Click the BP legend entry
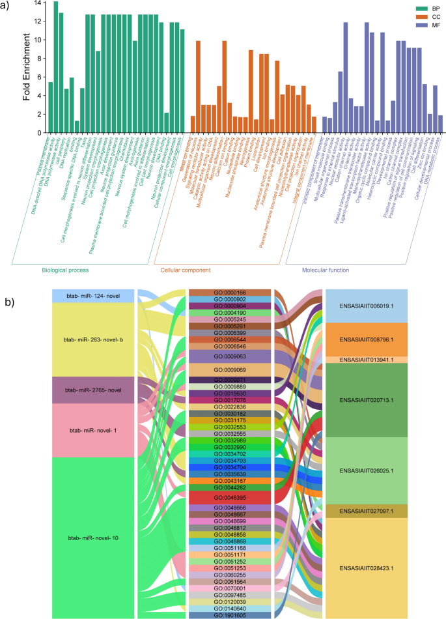coord(426,7)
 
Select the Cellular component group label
coord(186,270)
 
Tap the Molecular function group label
coord(325,270)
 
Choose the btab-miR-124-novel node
coord(93,296)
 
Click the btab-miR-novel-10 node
coord(93,538)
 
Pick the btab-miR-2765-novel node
coord(93,390)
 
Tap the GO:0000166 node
coord(231,293)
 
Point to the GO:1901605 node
coord(231,614)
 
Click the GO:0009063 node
coord(231,356)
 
